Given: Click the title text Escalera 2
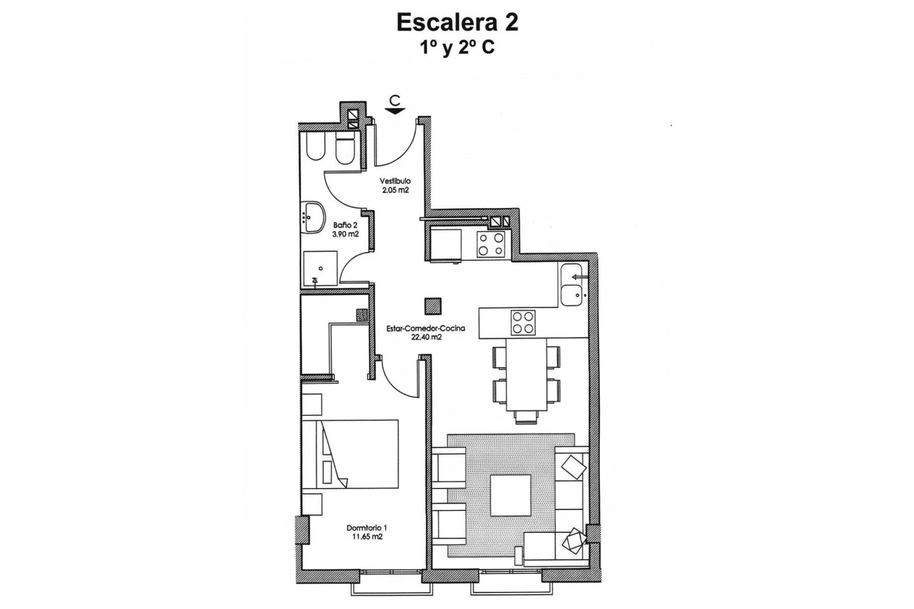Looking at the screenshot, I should click(457, 23).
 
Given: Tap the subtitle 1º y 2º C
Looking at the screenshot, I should click(457, 48).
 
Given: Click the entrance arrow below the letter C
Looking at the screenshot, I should click(395, 111).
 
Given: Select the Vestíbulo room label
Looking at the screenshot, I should click(395, 181).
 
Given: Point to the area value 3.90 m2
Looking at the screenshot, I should click(346, 234).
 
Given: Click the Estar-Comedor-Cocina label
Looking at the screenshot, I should click(426, 328).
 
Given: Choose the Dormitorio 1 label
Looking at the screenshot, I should click(367, 528).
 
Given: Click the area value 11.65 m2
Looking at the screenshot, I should click(367, 537).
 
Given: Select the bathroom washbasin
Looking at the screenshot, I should click(312, 217).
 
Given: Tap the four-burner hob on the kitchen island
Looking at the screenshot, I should click(523, 322).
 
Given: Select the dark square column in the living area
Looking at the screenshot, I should click(433, 306).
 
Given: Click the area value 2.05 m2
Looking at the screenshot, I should click(395, 190).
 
